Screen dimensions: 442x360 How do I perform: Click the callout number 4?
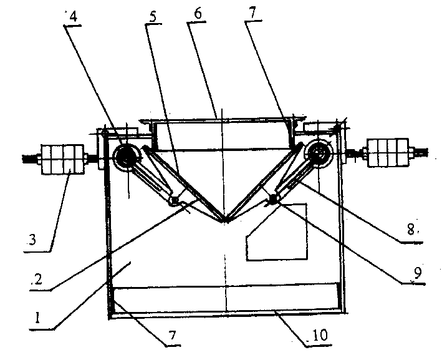click(x=73, y=17)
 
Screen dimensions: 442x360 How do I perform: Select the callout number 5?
click(x=153, y=17)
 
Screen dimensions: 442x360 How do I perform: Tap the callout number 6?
click(x=198, y=14)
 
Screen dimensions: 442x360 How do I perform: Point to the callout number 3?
click(x=32, y=240)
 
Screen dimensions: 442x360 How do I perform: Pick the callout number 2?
click(x=37, y=280)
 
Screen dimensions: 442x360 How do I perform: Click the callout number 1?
click(x=37, y=318)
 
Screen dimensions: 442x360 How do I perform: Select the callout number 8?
click(x=411, y=229)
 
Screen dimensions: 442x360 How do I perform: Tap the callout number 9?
click(x=417, y=273)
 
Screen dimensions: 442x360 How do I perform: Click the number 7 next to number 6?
click(x=252, y=13)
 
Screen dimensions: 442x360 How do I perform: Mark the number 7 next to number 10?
click(x=172, y=336)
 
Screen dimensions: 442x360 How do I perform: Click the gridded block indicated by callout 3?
click(x=62, y=159)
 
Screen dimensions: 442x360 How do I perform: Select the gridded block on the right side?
click(x=388, y=153)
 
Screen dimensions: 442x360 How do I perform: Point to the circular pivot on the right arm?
click(x=319, y=154)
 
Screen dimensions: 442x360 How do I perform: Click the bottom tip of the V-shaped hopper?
click(x=225, y=221)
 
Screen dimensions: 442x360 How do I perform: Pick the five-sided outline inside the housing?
click(x=277, y=231)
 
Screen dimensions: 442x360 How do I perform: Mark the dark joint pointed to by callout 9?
click(x=273, y=200)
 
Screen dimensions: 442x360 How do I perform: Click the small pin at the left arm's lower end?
click(x=175, y=200)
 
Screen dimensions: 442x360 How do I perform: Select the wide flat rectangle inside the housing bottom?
click(x=226, y=297)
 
